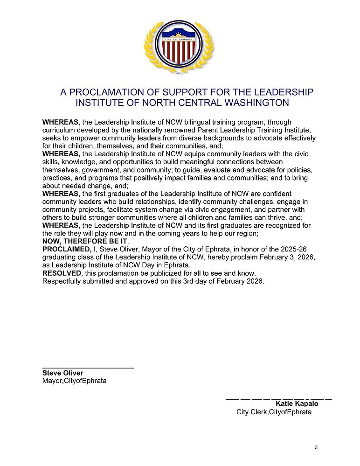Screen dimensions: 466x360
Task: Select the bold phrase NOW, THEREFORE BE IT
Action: [x=84, y=241]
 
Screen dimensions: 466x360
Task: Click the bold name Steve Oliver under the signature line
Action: [x=63, y=373]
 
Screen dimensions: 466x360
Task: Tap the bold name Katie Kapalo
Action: [x=297, y=403]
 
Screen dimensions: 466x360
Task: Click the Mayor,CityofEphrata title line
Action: [x=74, y=381]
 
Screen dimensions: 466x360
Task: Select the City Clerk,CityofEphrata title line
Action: [x=274, y=412]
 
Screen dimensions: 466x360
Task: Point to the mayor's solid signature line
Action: [x=88, y=368]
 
